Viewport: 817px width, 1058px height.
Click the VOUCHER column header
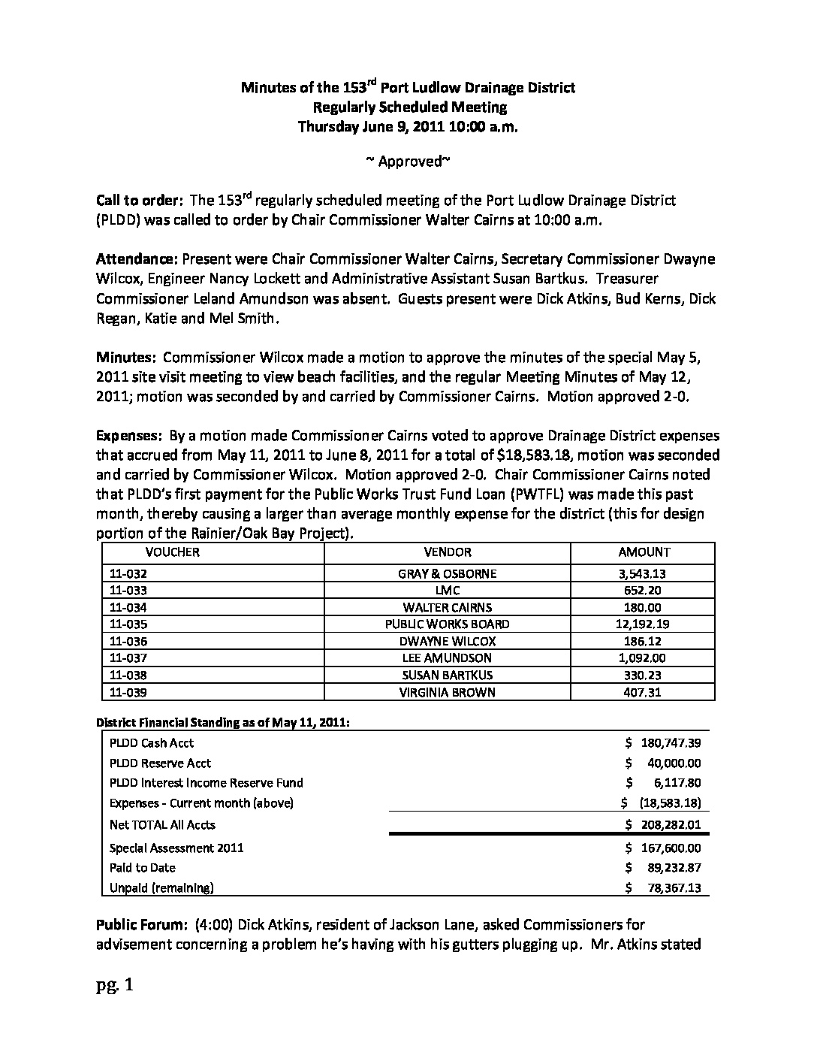pyautogui.click(x=172, y=552)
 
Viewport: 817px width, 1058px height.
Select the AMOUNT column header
pyautogui.click(x=644, y=552)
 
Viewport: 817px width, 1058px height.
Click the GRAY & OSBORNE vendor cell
pyautogui.click(x=447, y=574)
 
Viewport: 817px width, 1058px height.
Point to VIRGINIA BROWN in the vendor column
pyautogui.click(x=447, y=693)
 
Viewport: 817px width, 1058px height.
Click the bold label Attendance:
pyautogui.click(x=136, y=259)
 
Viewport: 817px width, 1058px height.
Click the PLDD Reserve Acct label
pyautogui.click(x=160, y=763)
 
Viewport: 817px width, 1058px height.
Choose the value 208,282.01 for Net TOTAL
pyautogui.click(x=671, y=825)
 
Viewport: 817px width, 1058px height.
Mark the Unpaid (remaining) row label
pyautogui.click(x=161, y=888)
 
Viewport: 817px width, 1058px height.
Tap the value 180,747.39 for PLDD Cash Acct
pyautogui.click(x=671, y=743)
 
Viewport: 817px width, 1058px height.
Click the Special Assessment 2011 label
pyautogui.click(x=176, y=848)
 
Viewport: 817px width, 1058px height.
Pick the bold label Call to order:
pyautogui.click(x=140, y=201)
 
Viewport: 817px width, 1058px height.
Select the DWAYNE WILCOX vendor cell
pyautogui.click(x=447, y=642)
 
